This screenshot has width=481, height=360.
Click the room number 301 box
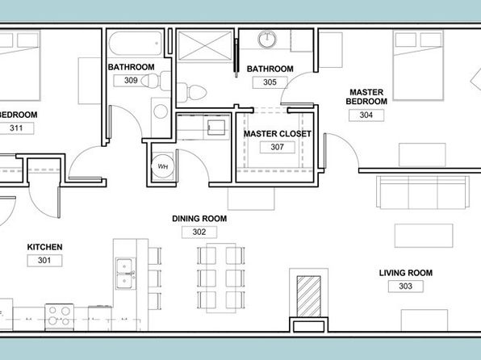click(x=44, y=261)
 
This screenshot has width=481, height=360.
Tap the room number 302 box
click(x=199, y=232)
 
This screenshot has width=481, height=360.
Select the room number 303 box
click(x=405, y=287)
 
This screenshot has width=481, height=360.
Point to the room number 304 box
click(x=366, y=115)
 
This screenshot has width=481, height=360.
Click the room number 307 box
click(x=278, y=147)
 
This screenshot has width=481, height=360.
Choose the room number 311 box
click(x=16, y=128)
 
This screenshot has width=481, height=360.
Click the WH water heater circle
click(x=162, y=166)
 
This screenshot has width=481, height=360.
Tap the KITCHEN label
click(x=44, y=247)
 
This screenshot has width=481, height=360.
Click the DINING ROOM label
click(x=199, y=219)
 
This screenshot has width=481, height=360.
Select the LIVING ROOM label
click(x=406, y=273)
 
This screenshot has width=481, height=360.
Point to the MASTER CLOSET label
click(x=278, y=134)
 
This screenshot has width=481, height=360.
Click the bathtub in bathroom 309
click(x=136, y=44)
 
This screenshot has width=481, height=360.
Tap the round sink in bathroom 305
click(x=267, y=40)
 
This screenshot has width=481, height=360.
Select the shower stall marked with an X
click(x=205, y=46)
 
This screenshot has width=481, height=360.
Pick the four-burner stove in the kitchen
click(x=59, y=317)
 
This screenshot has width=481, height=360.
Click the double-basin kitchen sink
click(x=126, y=274)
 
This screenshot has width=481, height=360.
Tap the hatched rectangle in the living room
click(x=308, y=296)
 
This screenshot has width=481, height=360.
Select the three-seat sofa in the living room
click(x=423, y=192)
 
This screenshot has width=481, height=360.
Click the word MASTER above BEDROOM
click(x=366, y=92)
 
